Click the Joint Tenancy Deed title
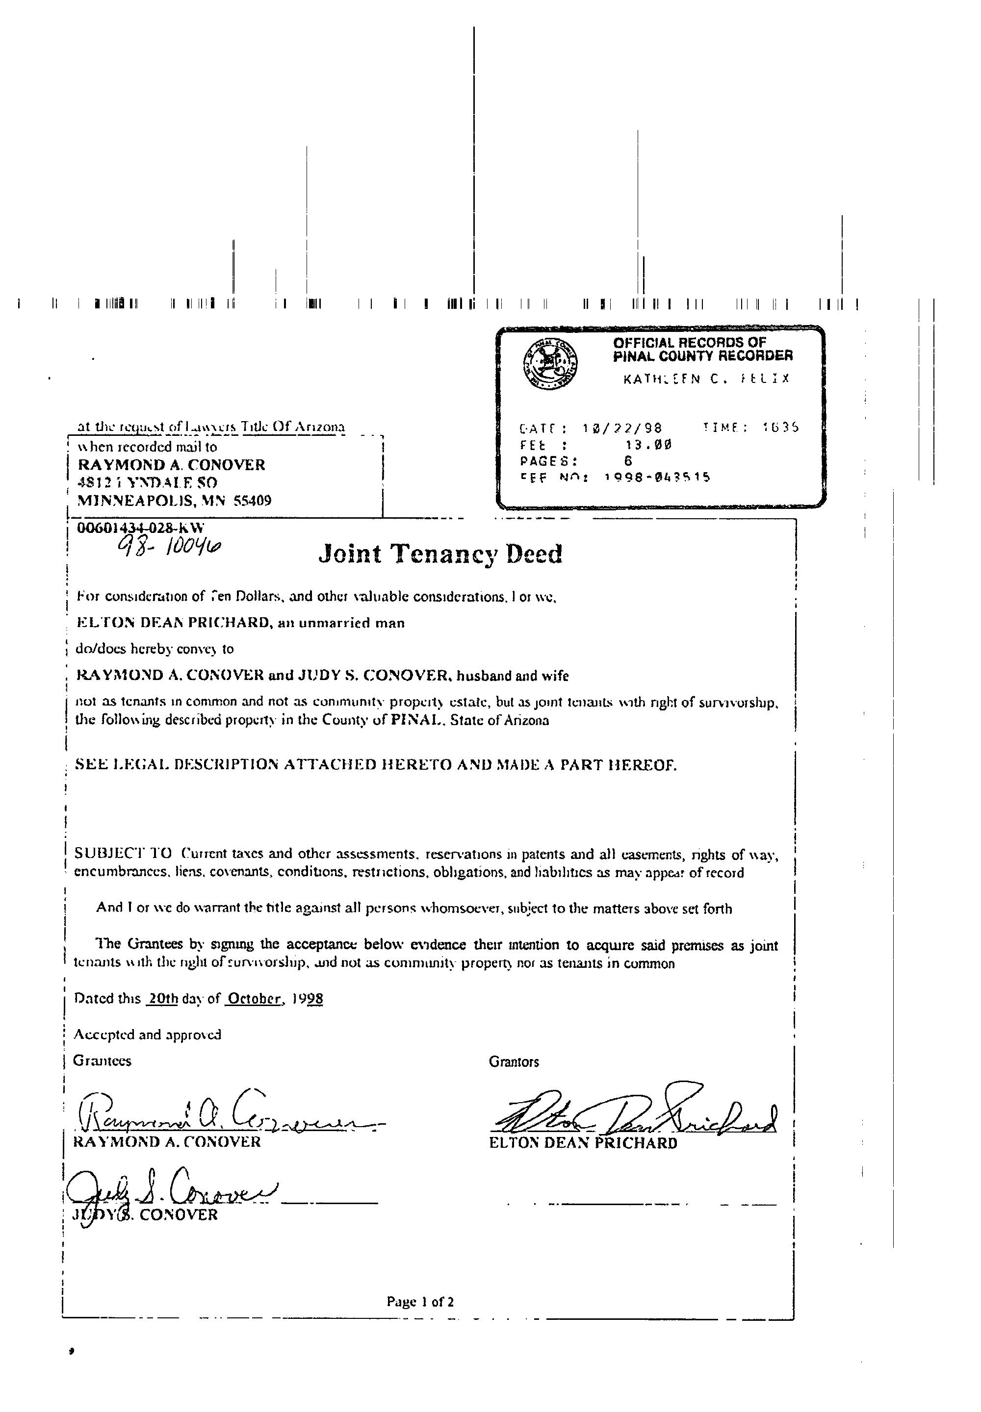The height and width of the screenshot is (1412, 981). (x=440, y=554)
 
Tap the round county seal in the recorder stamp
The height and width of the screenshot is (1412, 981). (x=550, y=363)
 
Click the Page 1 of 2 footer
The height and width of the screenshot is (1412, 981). (x=420, y=1301)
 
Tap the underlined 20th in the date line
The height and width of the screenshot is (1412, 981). (x=163, y=999)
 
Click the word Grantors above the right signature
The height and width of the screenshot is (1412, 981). (x=514, y=1062)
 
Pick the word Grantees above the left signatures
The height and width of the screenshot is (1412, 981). (x=102, y=1061)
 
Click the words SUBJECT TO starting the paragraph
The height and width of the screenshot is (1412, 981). (x=123, y=854)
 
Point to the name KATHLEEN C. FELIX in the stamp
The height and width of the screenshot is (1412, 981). (x=706, y=379)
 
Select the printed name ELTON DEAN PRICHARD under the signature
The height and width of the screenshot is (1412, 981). (x=583, y=1143)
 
